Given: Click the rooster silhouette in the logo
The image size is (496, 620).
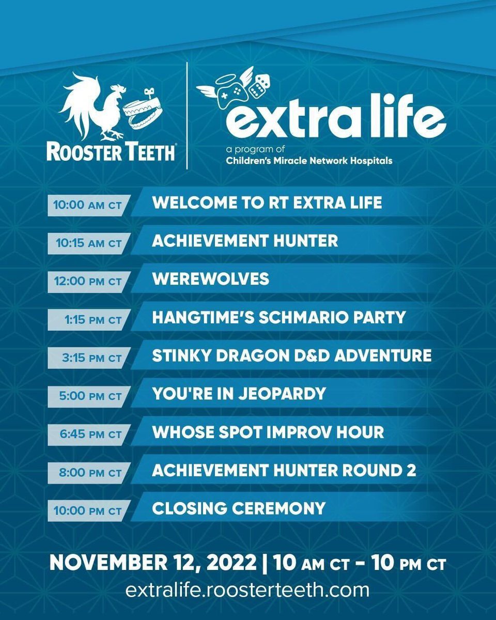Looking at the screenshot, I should tap(93, 106).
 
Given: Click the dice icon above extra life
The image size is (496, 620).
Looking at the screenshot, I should tap(258, 86).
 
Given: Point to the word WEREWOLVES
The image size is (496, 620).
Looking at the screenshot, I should tap(210, 279).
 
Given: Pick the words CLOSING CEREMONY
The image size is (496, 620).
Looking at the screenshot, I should tap(239, 508).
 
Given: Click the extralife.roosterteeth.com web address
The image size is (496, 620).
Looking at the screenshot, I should tap(247, 590).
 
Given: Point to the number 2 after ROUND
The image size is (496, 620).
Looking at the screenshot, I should tap(411, 470).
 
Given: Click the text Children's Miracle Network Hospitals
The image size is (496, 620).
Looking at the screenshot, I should tap(309, 161).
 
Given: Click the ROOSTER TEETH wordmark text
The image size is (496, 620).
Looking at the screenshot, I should tap(111, 151).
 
